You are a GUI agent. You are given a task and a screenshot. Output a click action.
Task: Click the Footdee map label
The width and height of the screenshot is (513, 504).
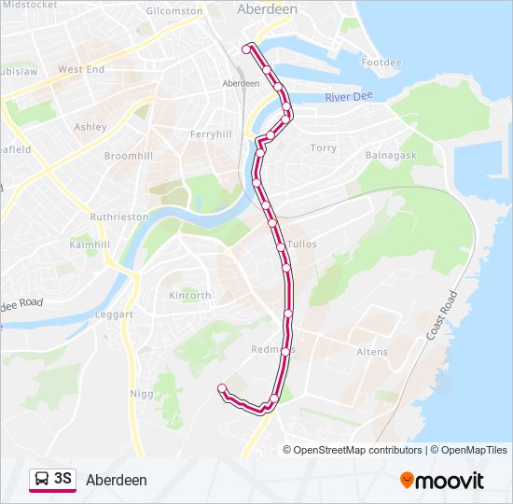[x=381, y=63]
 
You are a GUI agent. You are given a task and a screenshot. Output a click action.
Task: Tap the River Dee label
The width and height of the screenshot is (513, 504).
[x=349, y=98]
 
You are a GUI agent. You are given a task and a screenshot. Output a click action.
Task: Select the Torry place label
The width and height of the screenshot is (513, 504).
[x=323, y=147]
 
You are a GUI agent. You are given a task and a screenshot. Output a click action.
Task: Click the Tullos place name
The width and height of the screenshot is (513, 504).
[x=303, y=244]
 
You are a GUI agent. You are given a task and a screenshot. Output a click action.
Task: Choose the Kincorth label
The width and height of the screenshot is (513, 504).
[x=189, y=295]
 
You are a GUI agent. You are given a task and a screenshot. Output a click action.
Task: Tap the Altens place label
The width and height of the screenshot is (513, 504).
[x=371, y=352]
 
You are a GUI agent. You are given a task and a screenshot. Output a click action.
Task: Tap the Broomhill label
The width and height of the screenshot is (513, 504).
[x=127, y=156]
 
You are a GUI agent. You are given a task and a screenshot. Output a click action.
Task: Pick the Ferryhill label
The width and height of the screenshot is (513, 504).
[x=211, y=134]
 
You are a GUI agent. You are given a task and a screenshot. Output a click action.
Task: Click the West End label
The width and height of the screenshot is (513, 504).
[x=81, y=69]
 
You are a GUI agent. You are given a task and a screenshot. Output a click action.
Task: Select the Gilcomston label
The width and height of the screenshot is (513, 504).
[x=174, y=10]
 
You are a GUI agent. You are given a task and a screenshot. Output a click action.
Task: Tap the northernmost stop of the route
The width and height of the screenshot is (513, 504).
[x=247, y=48]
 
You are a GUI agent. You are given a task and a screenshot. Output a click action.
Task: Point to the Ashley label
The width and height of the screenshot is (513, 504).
[x=90, y=127]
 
